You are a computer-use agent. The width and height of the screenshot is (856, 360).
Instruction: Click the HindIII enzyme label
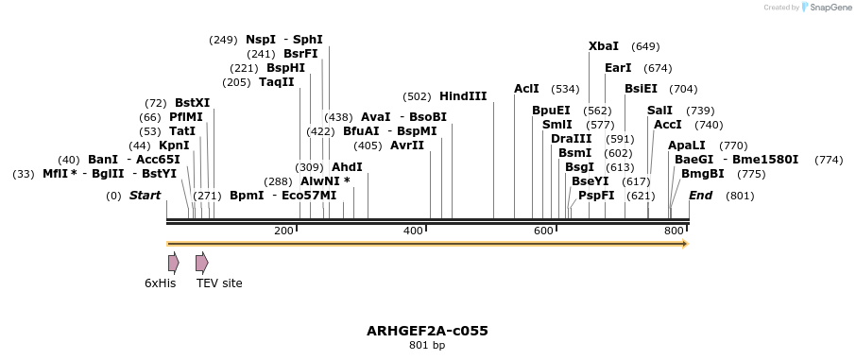click(x=463, y=96)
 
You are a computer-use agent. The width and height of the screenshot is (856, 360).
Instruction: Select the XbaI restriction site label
click(x=604, y=46)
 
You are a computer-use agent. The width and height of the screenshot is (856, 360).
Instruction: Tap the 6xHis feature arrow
click(x=173, y=263)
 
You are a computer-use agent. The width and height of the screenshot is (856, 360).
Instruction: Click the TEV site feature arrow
click(x=201, y=263)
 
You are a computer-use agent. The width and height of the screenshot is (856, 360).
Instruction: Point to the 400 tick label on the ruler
click(x=413, y=231)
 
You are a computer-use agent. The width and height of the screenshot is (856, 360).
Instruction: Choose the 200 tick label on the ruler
click(x=283, y=231)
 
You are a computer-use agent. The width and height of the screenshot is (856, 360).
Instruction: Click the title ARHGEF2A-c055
click(x=427, y=331)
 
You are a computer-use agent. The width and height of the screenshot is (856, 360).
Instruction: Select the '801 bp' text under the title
click(x=427, y=346)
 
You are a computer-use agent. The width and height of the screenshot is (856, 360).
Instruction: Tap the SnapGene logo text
click(x=828, y=8)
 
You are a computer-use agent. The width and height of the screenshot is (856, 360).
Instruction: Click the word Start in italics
click(x=145, y=196)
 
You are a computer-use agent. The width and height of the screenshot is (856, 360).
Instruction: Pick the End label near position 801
click(x=700, y=196)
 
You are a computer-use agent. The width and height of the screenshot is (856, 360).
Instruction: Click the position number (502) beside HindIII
click(x=417, y=96)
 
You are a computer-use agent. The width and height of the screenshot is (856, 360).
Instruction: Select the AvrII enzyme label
click(x=407, y=146)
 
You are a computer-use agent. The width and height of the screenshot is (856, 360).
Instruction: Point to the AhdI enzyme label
click(x=347, y=167)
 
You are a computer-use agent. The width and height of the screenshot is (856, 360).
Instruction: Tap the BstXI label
click(x=193, y=103)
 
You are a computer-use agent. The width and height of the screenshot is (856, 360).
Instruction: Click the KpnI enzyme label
click(x=174, y=146)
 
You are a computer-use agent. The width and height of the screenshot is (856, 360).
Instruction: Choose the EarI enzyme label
click(x=618, y=68)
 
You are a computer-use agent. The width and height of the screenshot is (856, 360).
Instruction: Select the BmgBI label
click(x=703, y=174)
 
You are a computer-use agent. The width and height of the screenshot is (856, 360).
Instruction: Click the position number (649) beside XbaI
click(x=645, y=46)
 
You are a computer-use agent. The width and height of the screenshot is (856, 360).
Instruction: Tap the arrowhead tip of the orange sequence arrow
click(x=687, y=244)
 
